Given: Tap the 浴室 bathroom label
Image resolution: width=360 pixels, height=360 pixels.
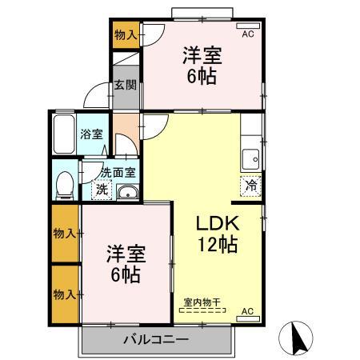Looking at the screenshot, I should [x=90, y=134].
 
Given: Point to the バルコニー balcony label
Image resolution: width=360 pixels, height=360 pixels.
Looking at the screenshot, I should [x=156, y=339].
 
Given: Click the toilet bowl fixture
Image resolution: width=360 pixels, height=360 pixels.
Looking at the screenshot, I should [x=64, y=184].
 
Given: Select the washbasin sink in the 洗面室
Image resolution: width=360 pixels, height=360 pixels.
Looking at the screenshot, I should [x=126, y=191].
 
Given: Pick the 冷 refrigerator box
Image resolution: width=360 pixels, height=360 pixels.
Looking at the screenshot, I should [x=250, y=182].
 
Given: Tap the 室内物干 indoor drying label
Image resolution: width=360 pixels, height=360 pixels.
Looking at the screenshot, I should [x=202, y=302].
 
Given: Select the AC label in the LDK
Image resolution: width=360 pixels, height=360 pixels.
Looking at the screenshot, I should [x=247, y=311].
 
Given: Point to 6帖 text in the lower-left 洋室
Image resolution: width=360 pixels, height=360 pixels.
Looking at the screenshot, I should [x=125, y=274].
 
